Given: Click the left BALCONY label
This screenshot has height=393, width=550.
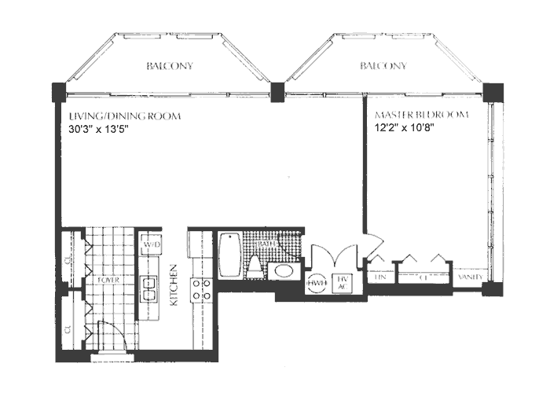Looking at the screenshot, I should tap(170, 67).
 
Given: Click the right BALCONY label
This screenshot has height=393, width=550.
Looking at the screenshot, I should tap(383, 67).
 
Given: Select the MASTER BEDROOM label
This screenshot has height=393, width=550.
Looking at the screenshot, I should tap(421, 116).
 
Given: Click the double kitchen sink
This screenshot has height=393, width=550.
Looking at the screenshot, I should tap(147, 288).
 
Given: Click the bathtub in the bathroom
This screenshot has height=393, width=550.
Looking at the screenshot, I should tap(232, 254).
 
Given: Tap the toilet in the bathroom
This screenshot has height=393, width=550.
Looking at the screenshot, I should tap(256, 266).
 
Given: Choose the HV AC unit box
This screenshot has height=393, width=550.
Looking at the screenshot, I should tap(343, 281).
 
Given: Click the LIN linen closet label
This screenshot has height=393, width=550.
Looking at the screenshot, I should tap(380, 277).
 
